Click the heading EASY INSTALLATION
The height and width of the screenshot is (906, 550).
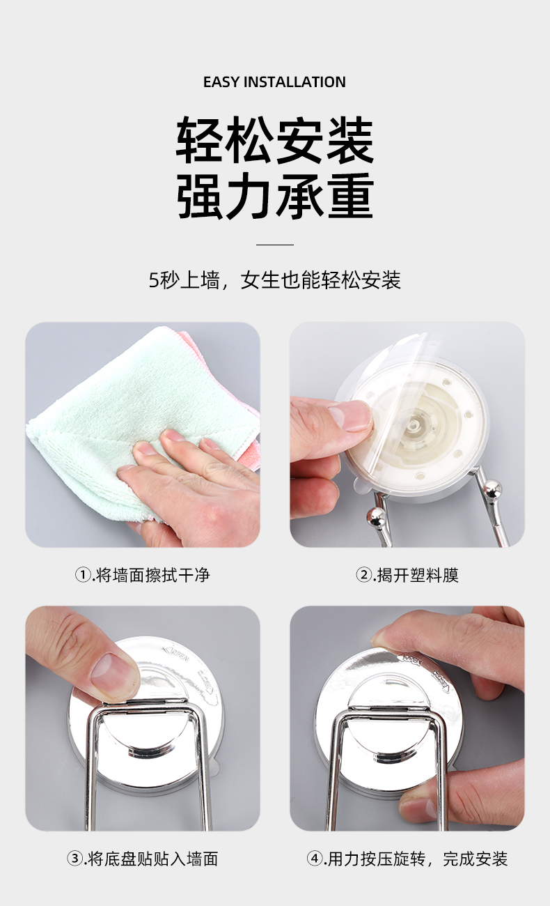(x=274, y=82)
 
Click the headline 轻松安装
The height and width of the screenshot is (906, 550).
(x=275, y=140)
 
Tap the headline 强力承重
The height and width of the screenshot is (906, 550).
(x=275, y=196)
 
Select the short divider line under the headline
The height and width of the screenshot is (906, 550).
(x=275, y=245)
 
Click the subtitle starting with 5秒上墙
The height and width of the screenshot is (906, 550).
(x=275, y=280)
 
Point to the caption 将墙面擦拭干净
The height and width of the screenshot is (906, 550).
(x=152, y=575)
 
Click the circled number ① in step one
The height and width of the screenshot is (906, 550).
(x=84, y=575)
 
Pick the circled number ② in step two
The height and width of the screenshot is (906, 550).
(x=363, y=575)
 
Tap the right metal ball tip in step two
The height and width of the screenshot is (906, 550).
(x=492, y=489)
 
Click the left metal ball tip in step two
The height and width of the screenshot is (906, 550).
(x=376, y=518)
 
